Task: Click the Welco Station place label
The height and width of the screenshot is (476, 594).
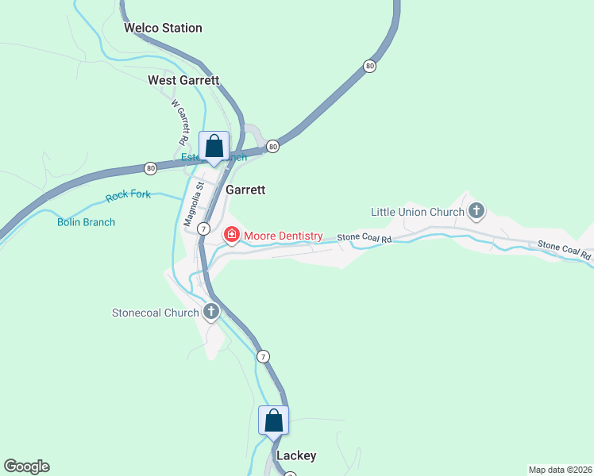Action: (163, 28)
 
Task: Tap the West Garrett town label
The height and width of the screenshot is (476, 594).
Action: (183, 80)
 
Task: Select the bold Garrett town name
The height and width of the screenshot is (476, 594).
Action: (245, 190)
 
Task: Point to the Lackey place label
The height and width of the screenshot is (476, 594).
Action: (296, 455)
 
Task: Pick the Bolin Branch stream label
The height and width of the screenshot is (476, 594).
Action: (86, 222)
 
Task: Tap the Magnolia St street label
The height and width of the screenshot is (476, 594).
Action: (191, 205)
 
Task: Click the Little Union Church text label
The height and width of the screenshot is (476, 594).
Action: (418, 212)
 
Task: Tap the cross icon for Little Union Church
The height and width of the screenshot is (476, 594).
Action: (476, 211)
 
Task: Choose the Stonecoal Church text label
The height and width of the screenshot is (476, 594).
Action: (155, 313)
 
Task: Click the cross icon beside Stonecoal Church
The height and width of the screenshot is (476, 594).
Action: (211, 312)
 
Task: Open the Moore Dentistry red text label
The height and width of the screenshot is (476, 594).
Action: (283, 236)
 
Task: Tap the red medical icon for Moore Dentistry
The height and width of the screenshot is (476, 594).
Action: (231, 235)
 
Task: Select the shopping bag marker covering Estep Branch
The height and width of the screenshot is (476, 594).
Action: (214, 147)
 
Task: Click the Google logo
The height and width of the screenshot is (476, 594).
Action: (26, 466)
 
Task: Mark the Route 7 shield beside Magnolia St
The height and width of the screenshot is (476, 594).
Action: (204, 228)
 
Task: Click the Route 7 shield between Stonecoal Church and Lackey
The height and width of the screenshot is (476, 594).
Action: (263, 357)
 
